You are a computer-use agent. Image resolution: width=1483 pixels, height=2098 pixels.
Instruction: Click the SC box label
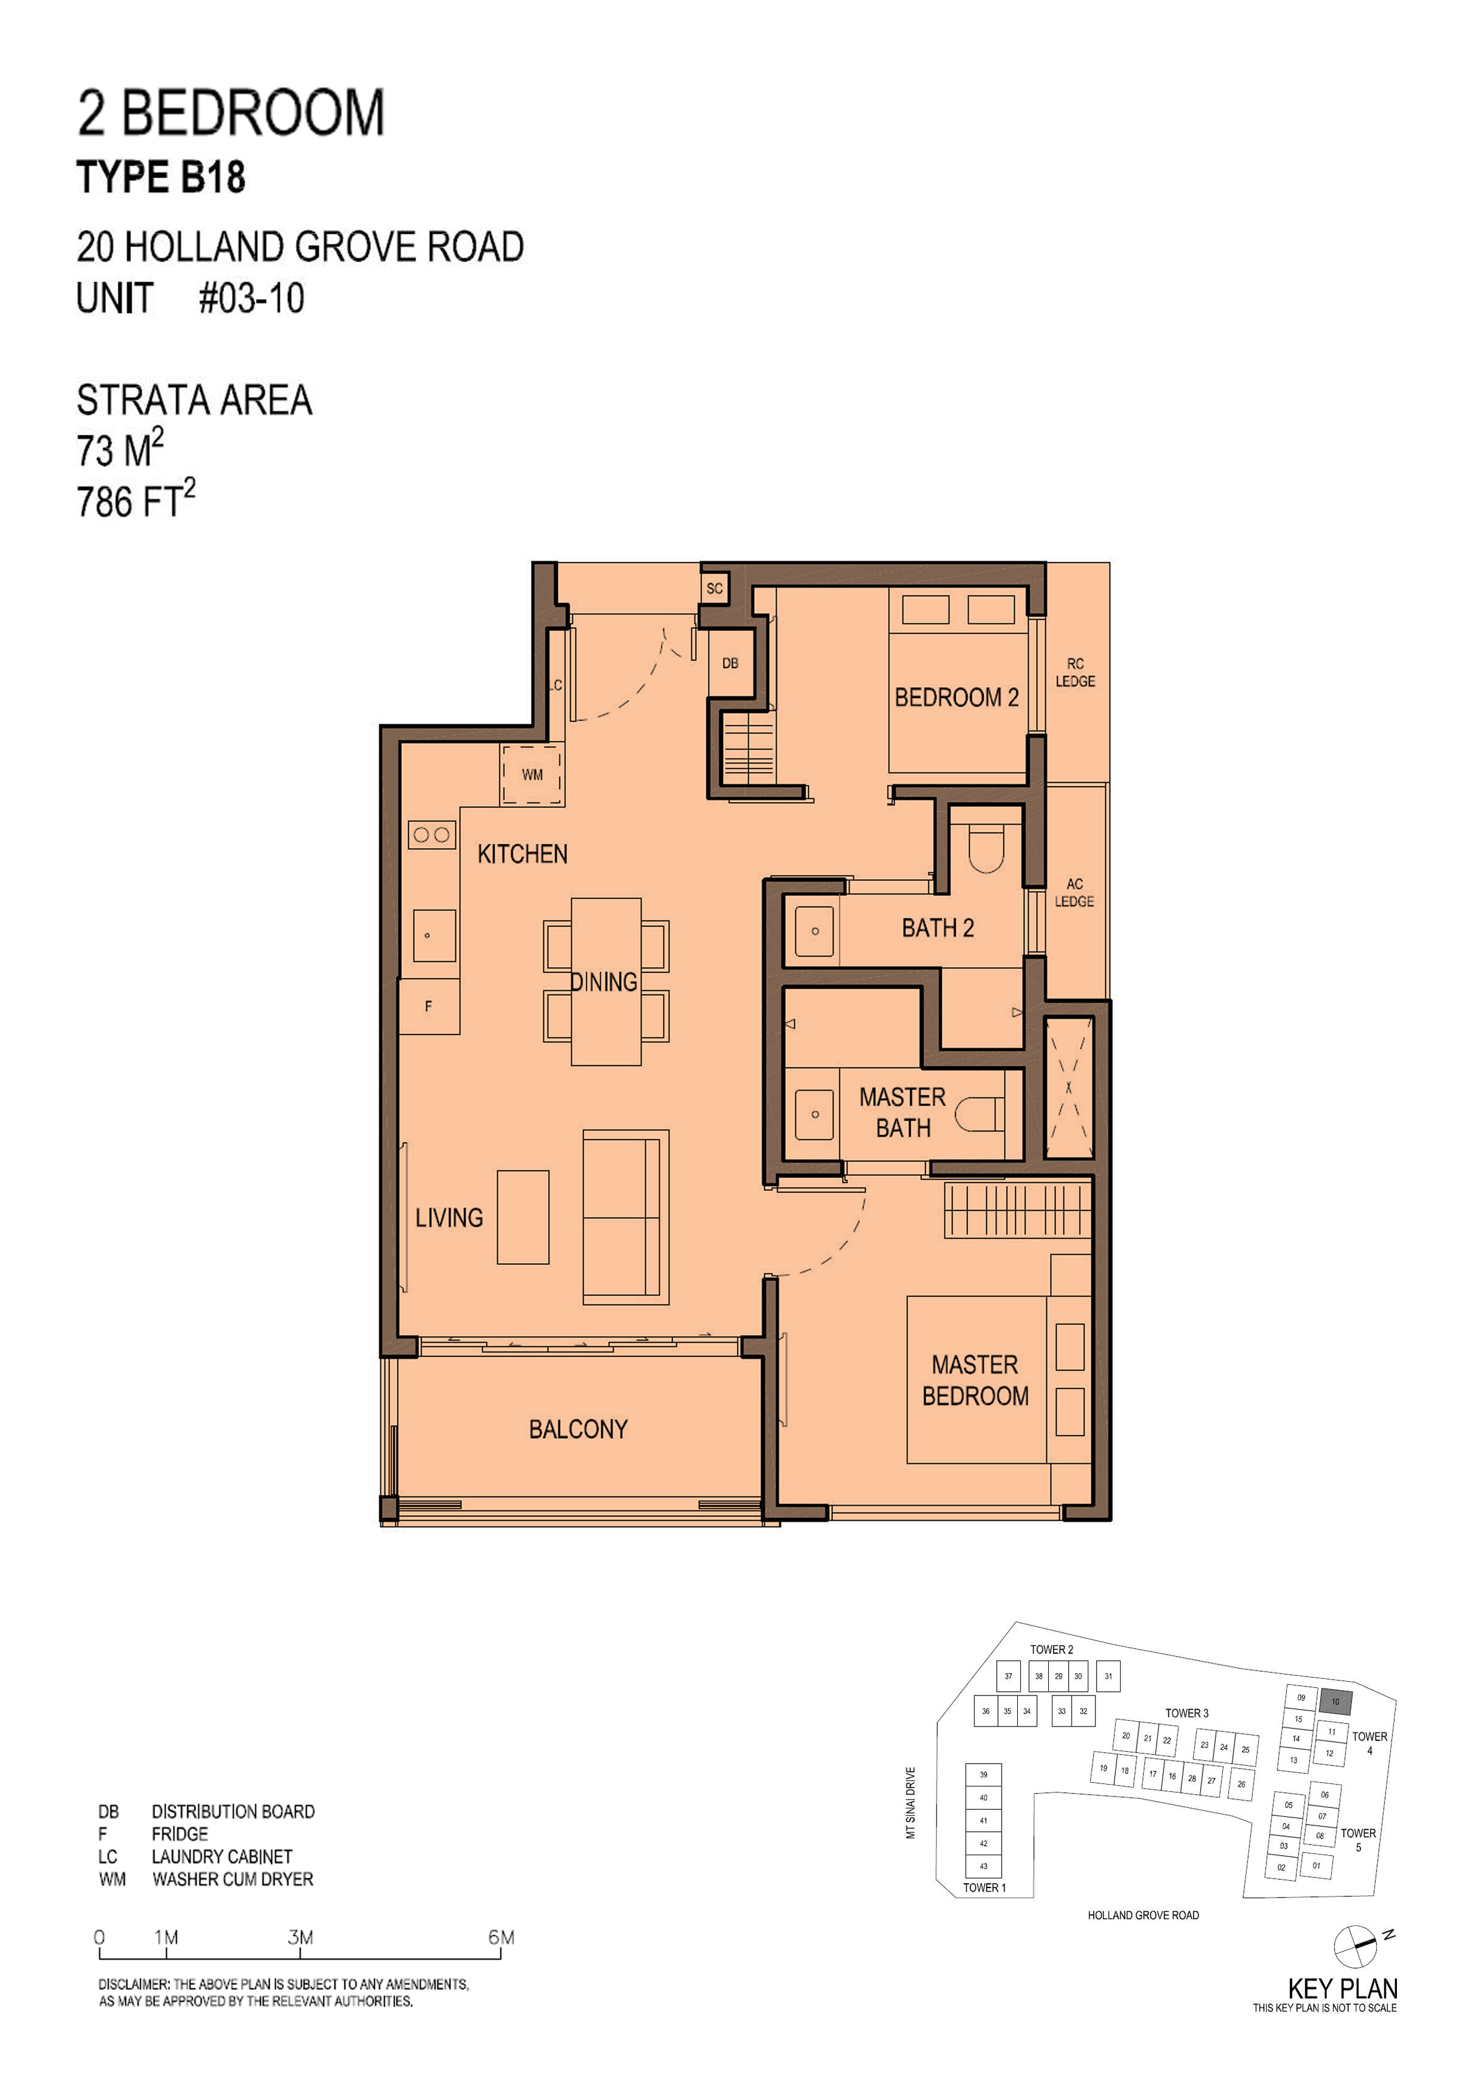tap(715, 588)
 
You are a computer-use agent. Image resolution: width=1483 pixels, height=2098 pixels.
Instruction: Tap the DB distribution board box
tap(731, 663)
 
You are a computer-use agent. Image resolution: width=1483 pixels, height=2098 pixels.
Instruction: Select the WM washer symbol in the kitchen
tap(532, 775)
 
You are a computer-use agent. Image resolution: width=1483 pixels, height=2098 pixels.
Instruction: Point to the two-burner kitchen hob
tap(431, 834)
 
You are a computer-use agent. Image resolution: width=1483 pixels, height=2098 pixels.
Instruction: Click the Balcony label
tap(578, 1429)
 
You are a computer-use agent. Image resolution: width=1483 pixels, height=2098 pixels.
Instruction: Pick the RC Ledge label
tap(1075, 673)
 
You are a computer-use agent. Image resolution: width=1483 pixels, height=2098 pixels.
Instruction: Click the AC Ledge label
tap(1075, 893)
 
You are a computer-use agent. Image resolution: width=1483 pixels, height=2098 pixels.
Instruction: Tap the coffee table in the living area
tap(523, 1217)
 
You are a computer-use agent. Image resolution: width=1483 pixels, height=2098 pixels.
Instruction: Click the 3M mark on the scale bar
tap(301, 1937)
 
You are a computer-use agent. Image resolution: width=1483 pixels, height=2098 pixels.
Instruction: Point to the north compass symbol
tap(1356, 1945)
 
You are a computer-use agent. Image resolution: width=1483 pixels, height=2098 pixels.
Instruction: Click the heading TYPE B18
tap(161, 177)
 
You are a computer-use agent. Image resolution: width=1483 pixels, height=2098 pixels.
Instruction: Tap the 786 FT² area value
tap(135, 500)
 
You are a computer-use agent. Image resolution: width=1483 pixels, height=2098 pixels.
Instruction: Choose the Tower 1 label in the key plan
tap(984, 1887)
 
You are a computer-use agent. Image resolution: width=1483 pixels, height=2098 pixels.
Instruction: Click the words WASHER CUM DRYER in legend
tap(233, 1879)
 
